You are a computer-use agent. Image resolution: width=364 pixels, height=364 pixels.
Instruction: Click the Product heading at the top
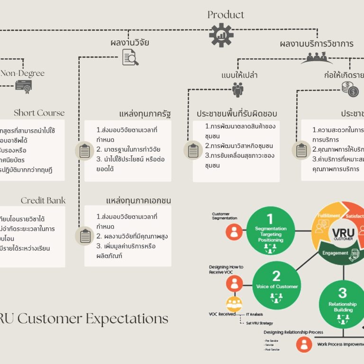coord(226,15)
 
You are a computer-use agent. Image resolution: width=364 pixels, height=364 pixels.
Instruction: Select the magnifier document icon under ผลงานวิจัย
coord(130,57)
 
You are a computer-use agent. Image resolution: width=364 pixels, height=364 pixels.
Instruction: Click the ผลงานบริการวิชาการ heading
coord(316,44)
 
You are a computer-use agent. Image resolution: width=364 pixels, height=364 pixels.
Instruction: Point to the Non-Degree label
coord(22,73)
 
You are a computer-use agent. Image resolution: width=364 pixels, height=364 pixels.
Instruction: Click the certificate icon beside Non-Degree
coord(23,86)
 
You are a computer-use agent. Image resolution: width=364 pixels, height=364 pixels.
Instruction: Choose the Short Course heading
coord(39,113)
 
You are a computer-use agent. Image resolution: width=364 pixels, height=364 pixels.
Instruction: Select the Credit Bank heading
coord(43,200)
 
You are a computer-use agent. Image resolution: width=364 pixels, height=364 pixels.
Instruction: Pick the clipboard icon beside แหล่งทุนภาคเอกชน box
coord(85,236)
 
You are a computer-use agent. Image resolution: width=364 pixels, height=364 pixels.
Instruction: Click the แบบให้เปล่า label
coord(239,75)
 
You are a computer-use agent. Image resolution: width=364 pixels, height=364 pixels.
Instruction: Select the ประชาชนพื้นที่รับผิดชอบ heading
coord(237,114)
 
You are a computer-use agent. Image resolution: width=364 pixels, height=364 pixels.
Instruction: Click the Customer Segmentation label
coord(220,216)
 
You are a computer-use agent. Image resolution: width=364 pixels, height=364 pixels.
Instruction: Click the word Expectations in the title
coord(127,318)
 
